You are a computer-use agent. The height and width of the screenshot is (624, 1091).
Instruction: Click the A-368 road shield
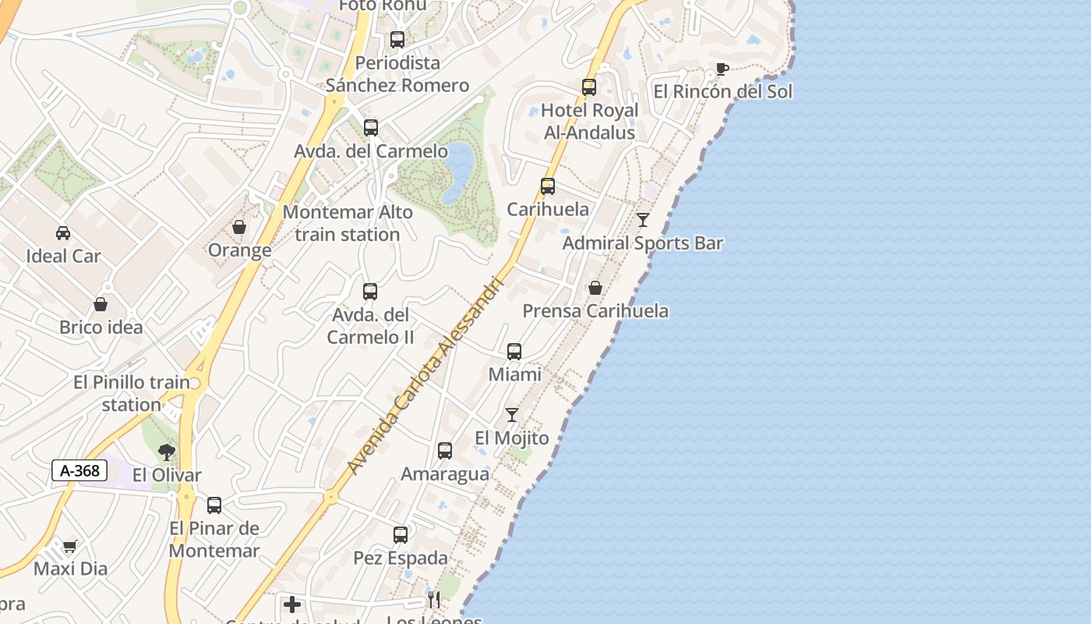click(79, 470)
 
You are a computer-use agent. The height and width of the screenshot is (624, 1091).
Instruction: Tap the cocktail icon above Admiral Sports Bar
click(643, 220)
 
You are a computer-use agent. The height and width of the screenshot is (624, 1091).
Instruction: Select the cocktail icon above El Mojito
click(512, 414)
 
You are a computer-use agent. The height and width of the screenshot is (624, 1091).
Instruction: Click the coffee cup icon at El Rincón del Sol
click(722, 69)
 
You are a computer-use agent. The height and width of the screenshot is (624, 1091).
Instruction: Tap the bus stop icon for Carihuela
click(548, 186)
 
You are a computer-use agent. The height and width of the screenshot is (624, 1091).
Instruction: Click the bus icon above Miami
click(514, 352)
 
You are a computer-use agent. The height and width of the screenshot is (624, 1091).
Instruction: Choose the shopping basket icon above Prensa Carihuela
click(595, 288)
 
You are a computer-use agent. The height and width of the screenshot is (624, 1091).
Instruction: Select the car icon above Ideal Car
click(63, 232)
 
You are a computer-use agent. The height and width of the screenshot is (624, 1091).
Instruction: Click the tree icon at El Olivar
click(166, 452)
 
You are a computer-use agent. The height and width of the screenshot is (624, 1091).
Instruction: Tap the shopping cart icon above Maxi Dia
click(70, 546)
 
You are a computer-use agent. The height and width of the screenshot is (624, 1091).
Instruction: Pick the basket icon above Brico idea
click(101, 303)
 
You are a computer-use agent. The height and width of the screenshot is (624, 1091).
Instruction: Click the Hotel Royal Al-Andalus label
click(589, 122)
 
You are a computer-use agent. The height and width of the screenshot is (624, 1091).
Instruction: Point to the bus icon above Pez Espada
click(401, 535)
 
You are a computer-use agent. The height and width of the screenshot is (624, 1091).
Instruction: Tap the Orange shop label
click(239, 250)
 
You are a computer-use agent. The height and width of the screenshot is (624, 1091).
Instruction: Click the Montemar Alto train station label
click(348, 223)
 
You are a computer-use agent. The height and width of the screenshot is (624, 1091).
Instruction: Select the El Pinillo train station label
click(132, 393)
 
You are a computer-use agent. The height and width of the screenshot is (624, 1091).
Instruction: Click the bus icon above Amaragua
click(445, 451)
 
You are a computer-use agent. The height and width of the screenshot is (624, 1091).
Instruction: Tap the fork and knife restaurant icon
click(434, 599)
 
